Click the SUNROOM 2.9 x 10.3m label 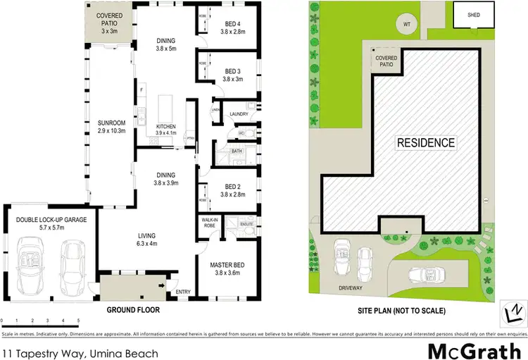111,127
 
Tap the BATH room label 237,151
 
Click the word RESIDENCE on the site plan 425,142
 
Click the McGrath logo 465,350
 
